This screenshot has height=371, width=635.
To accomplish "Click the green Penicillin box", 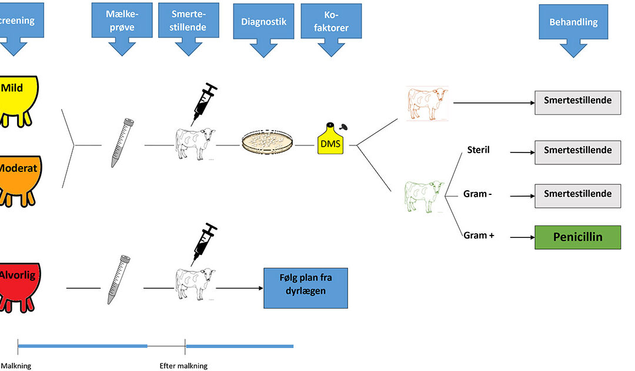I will (x=577, y=237).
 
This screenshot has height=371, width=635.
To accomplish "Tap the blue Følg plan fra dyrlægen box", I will (x=306, y=287).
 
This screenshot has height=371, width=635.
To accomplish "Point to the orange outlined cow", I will (x=428, y=104).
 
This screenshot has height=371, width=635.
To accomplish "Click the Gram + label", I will (x=479, y=236).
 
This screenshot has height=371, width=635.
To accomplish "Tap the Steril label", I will (x=477, y=150).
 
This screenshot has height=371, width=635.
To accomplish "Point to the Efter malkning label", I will (x=183, y=366).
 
